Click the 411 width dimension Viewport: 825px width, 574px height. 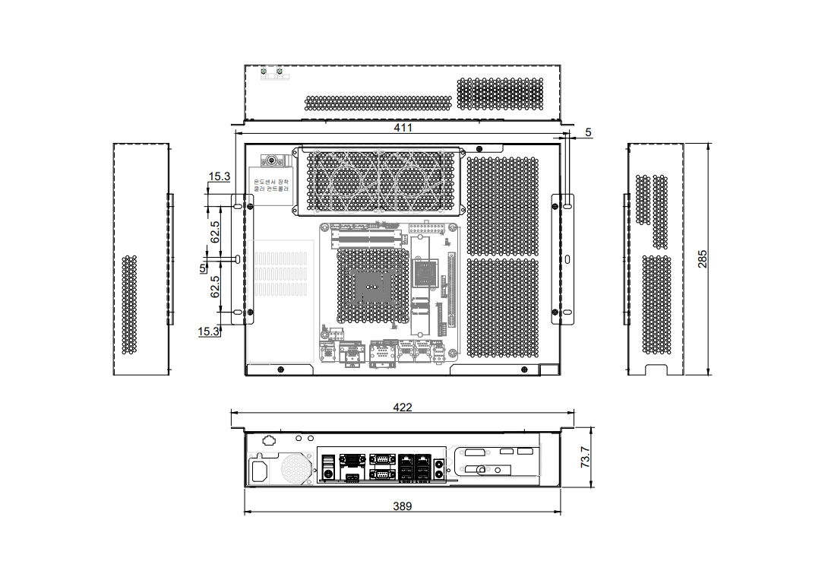[x=403, y=128]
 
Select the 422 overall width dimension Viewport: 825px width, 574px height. [x=403, y=408]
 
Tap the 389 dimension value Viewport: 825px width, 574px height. [x=403, y=506]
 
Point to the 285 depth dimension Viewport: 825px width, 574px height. [x=703, y=258]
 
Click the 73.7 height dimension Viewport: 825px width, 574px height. [x=586, y=458]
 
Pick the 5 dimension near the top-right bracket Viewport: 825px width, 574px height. [x=588, y=133]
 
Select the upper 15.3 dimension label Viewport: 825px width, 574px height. [x=220, y=176]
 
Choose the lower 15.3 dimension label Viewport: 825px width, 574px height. [x=208, y=331]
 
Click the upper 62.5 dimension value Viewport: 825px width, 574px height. [x=215, y=232]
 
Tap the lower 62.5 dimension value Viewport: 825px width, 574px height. [x=215, y=287]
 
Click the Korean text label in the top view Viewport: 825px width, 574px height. [x=271, y=186]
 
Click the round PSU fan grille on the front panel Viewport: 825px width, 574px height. [x=296, y=468]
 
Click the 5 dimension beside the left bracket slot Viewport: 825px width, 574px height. [x=203, y=268]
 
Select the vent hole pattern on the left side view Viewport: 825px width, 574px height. [x=130, y=304]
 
